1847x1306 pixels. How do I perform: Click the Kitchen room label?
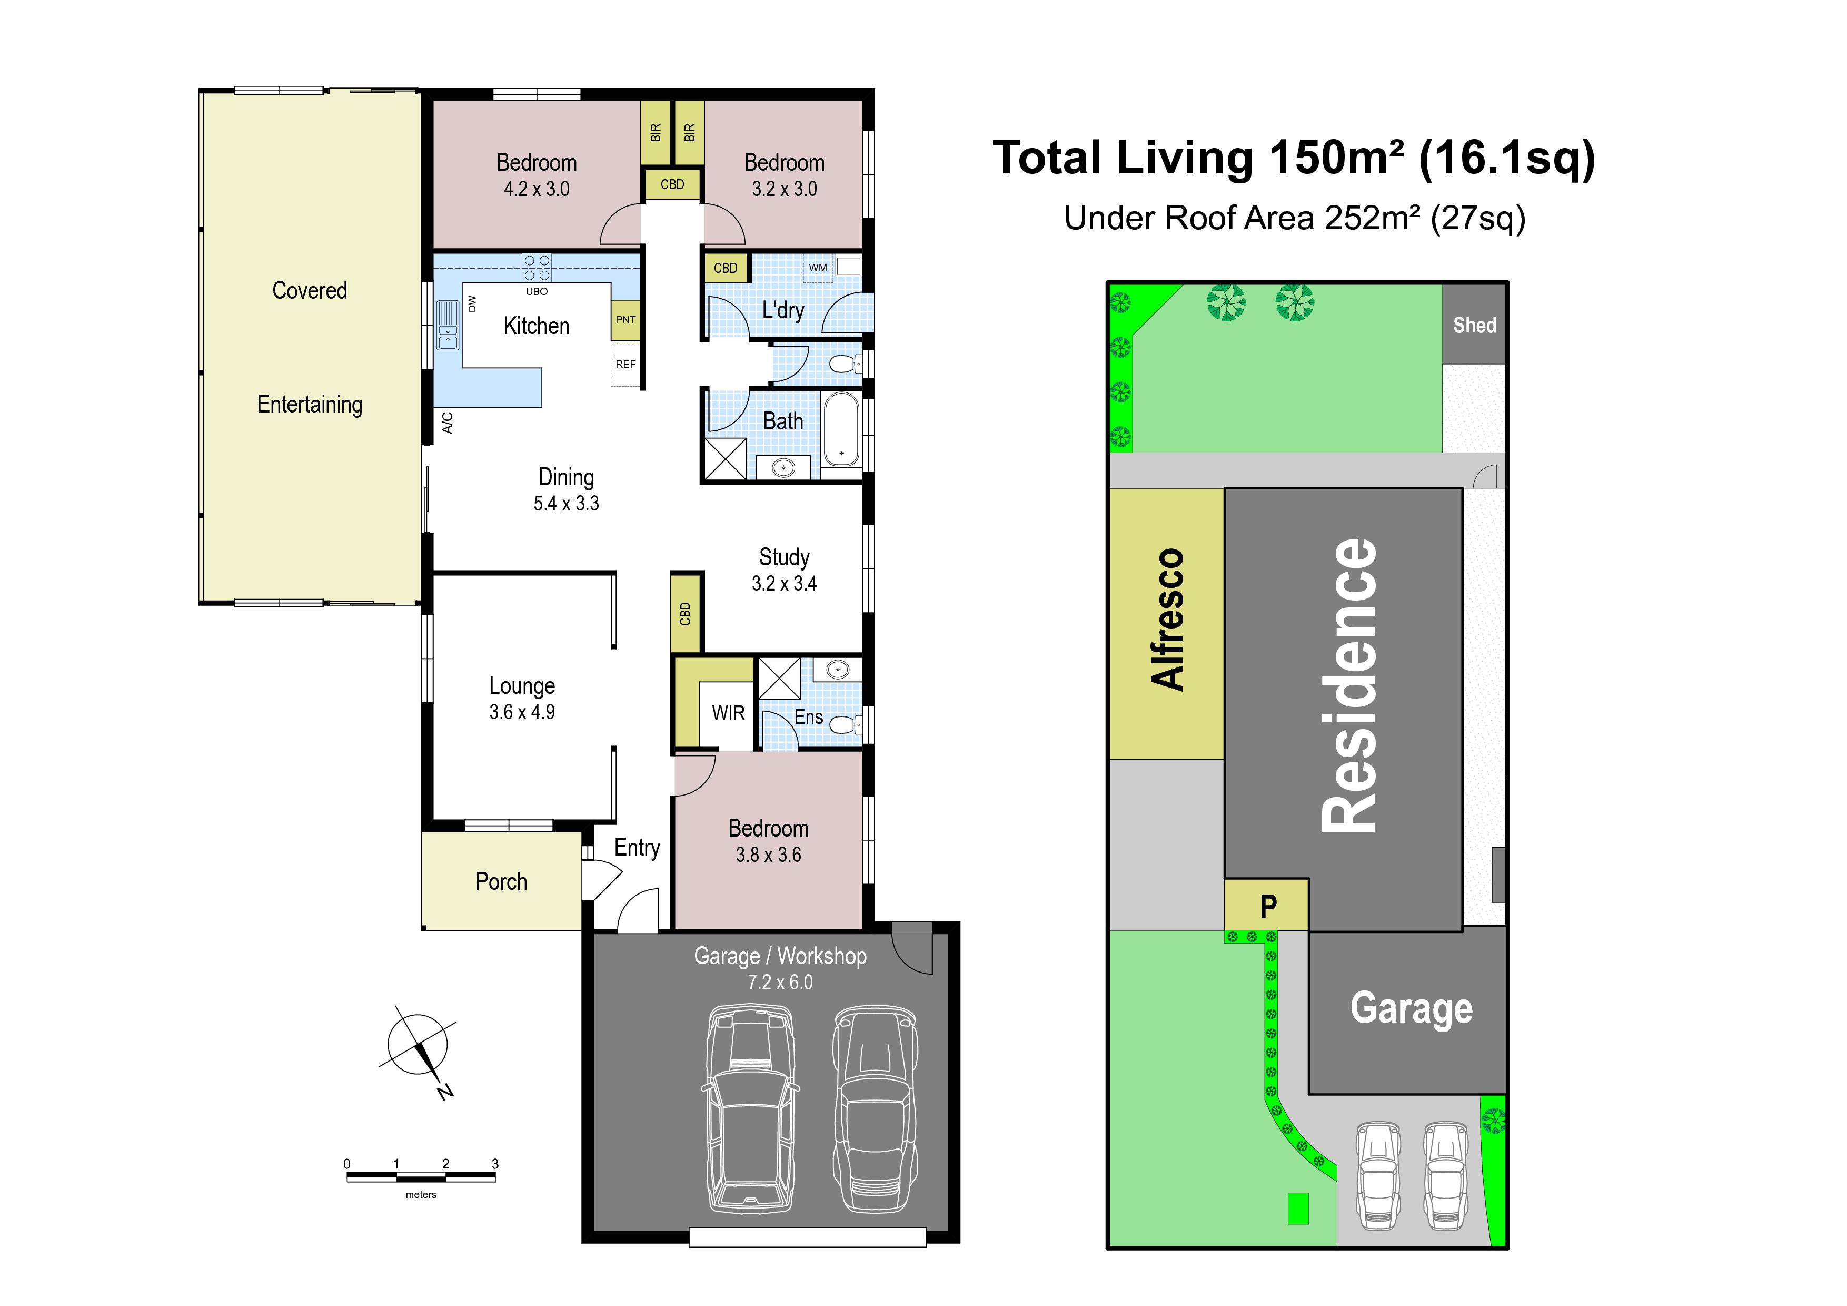536,326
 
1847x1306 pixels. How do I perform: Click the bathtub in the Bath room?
841,431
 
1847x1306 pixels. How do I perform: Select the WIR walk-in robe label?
728,713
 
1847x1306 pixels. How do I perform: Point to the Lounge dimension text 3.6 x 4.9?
522,712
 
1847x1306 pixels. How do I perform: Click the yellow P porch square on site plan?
1267,905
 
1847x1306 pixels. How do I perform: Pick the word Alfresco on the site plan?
1168,620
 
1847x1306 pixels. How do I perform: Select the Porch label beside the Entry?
501,882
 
